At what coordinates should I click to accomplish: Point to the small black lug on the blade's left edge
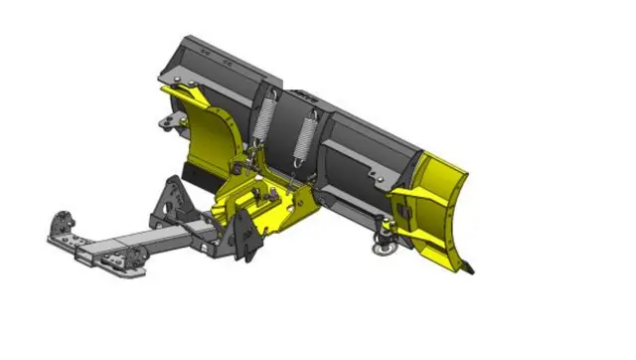point(166,124)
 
